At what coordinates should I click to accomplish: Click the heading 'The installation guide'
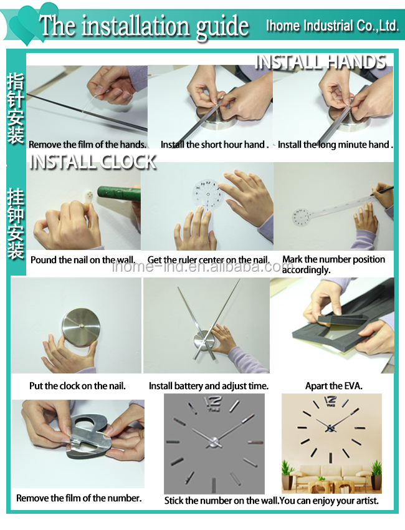[x=144, y=27]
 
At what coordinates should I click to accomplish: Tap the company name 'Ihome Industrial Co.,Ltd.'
[x=332, y=26]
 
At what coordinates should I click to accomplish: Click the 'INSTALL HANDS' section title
[x=320, y=62]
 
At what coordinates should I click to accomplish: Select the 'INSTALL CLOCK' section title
[x=93, y=162]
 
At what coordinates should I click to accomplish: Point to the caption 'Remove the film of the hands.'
[x=87, y=145]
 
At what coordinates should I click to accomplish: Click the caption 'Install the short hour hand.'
[x=215, y=145]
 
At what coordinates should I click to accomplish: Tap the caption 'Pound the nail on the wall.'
[x=83, y=260]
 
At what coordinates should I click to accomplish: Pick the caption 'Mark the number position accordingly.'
[x=334, y=264]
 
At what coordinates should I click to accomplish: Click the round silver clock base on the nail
[x=81, y=327]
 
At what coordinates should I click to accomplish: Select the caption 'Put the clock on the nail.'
[x=77, y=386]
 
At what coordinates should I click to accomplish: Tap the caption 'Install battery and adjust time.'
[x=209, y=386]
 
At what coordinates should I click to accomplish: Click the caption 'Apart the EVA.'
[x=334, y=386]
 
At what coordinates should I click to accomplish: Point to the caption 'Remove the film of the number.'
[x=79, y=498]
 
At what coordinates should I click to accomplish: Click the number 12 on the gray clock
[x=214, y=403]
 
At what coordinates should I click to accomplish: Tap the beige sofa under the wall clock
[x=331, y=475]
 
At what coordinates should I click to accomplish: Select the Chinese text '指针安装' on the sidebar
[x=16, y=108]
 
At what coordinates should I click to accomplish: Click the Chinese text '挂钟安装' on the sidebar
[x=16, y=223]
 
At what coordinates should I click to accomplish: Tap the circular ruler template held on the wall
[x=208, y=195]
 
